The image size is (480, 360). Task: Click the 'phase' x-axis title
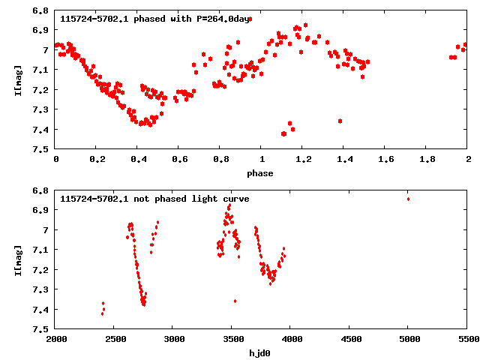point(262,173)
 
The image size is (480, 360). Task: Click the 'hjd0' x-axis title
point(262,352)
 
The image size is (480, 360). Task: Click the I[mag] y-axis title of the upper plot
point(16,79)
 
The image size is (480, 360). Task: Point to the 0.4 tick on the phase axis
point(138,160)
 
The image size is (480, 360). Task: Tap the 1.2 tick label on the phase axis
point(303,160)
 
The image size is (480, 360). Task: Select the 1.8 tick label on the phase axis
point(427,160)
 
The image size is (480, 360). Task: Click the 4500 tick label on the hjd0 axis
point(349,339)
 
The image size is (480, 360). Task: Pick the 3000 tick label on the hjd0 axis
point(174,339)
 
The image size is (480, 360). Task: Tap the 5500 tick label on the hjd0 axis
point(467,339)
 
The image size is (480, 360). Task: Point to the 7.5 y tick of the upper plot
point(42,149)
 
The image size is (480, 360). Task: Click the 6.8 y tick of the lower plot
point(42,190)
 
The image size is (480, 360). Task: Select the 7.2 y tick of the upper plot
point(42,90)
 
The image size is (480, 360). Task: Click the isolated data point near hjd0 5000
point(408,199)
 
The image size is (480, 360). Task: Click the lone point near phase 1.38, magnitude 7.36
point(340,121)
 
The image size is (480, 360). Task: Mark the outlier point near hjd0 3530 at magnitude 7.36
point(235,301)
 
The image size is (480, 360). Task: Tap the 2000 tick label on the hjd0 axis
point(56,339)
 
